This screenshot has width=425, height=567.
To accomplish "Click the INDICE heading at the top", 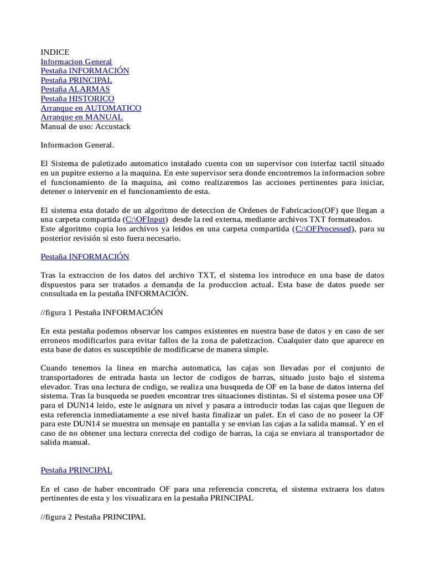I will click(x=55, y=52).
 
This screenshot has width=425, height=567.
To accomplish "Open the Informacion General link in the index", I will click(x=76, y=61).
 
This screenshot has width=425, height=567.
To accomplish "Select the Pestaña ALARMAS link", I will click(x=75, y=89).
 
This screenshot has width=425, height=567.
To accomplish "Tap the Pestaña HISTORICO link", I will click(x=77, y=99).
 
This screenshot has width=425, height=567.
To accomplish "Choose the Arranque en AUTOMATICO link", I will click(x=91, y=108).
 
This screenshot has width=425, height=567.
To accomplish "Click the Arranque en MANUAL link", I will click(x=82, y=117).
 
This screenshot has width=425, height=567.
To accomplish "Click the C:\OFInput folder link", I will click(x=146, y=220).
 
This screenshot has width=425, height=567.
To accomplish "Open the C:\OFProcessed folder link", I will click(x=323, y=229).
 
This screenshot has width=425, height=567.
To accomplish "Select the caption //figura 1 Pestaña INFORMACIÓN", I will click(x=102, y=312).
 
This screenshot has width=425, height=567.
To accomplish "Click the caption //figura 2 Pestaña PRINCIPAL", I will click(x=93, y=517).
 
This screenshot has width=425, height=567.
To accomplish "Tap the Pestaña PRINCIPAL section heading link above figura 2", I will click(x=76, y=470).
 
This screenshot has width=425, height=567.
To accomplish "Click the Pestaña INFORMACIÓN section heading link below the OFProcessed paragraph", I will click(x=85, y=256).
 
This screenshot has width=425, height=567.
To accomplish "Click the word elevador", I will click(x=56, y=386).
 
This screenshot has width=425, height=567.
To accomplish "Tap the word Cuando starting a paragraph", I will click(x=55, y=368).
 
